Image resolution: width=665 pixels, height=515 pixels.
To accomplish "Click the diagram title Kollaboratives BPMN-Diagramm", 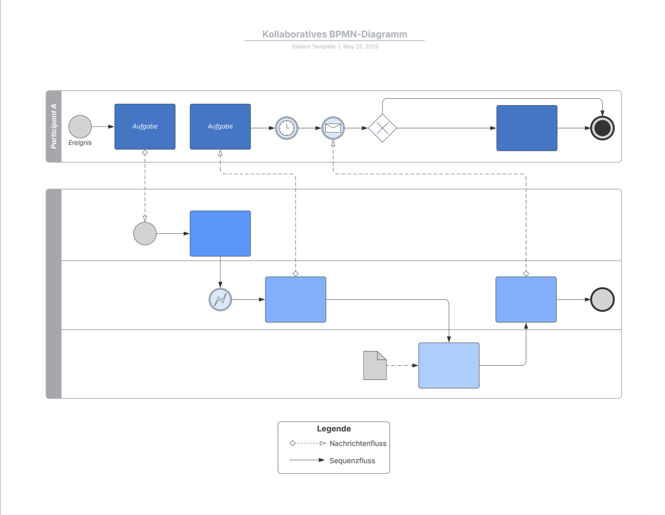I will pyautogui.click(x=334, y=34).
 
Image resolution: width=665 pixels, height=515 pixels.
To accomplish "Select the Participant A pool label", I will pyautogui.click(x=54, y=126).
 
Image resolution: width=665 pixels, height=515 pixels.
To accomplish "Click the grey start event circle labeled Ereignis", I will pyautogui.click(x=80, y=127).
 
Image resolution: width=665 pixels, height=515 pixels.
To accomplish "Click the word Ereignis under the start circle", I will pyautogui.click(x=80, y=143).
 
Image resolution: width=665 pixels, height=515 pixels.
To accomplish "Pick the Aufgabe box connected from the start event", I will pyautogui.click(x=145, y=127).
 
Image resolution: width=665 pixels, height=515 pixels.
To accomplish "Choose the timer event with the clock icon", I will pyautogui.click(x=286, y=128).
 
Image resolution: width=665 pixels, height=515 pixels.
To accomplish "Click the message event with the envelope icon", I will pyautogui.click(x=333, y=128).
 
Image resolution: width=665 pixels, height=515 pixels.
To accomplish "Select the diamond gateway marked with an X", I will pyautogui.click(x=382, y=128).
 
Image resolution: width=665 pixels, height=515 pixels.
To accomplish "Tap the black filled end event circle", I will pyautogui.click(x=602, y=128).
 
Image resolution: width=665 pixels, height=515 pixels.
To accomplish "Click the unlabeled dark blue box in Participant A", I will pyautogui.click(x=527, y=128).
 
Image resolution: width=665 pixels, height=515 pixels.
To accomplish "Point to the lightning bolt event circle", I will pyautogui.click(x=220, y=299).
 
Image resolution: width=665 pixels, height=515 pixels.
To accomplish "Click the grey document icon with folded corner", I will pyautogui.click(x=374, y=365).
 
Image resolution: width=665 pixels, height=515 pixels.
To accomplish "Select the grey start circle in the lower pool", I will pyautogui.click(x=145, y=234).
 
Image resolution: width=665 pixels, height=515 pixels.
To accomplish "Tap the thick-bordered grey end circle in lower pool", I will pyautogui.click(x=602, y=299).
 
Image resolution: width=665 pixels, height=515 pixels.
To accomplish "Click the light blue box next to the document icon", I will pyautogui.click(x=449, y=365).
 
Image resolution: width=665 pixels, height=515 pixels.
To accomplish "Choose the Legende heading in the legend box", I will pyautogui.click(x=333, y=429).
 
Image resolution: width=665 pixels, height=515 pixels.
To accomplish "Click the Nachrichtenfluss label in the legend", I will pyautogui.click(x=357, y=443).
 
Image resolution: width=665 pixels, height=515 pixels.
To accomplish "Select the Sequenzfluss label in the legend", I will pyautogui.click(x=352, y=461).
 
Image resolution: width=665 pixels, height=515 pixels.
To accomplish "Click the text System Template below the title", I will pyautogui.click(x=313, y=47).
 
